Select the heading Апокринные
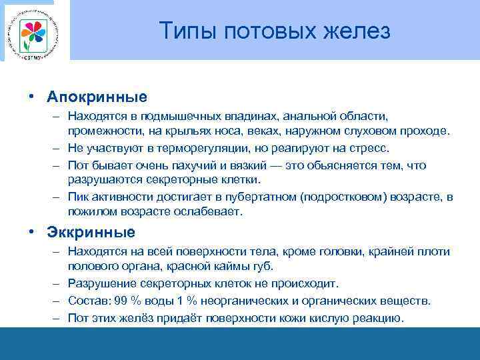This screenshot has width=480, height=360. click(97, 97)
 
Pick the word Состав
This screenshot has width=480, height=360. click(86, 301)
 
